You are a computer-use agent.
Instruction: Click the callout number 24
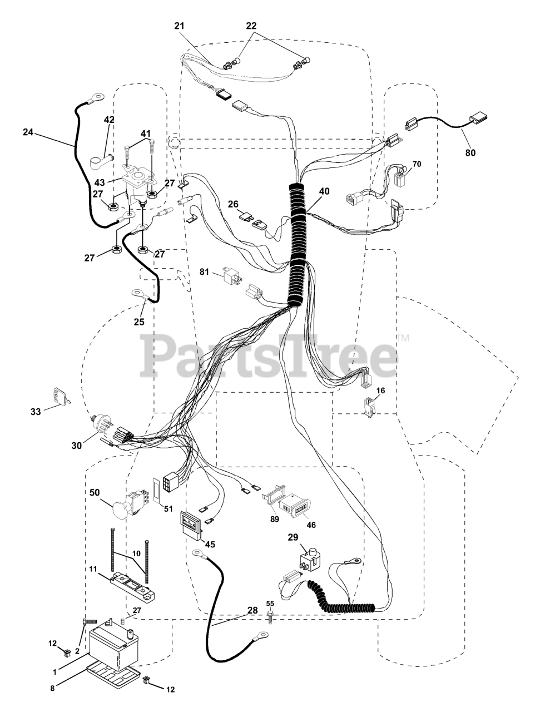coord(28,132)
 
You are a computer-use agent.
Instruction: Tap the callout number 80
coord(471,152)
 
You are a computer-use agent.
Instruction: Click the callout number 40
coord(324,191)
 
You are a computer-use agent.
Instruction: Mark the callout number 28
coord(253,610)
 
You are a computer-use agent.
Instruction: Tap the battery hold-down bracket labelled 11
coord(132,587)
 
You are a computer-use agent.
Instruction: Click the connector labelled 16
coord(368,407)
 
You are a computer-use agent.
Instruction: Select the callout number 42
coord(109,120)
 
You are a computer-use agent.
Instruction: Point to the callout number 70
coord(417,164)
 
